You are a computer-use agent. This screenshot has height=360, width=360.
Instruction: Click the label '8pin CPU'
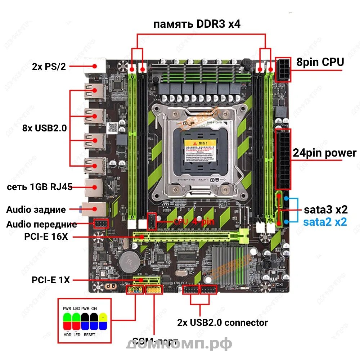[320, 62]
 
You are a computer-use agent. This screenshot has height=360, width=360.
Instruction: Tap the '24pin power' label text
[324, 153]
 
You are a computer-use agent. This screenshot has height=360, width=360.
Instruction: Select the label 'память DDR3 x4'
[197, 24]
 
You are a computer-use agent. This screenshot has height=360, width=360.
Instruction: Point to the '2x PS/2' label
[49, 67]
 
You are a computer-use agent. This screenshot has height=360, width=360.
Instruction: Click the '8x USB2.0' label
[44, 128]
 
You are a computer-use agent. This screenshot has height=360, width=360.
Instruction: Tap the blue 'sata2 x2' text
[325, 222]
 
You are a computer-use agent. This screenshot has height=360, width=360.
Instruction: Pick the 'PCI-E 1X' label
[51, 280]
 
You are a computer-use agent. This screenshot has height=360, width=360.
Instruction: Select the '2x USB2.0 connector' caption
[222, 322]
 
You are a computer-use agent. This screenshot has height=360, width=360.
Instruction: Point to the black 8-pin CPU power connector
[283, 69]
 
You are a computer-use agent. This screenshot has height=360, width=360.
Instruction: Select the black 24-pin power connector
[283, 159]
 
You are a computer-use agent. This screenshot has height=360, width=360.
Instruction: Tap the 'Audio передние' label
[41, 225]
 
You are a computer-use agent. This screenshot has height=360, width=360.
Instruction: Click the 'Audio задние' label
[36, 210]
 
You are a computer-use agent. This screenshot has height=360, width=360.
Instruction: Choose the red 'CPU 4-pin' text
[195, 222]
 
